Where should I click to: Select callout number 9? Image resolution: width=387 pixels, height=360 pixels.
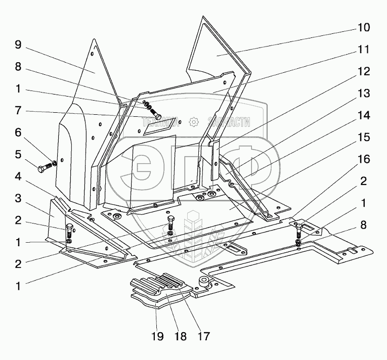pyautogui.click(x=18, y=45)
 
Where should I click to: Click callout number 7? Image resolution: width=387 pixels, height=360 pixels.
pyautogui.click(x=18, y=110)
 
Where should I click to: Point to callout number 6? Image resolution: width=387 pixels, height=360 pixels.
pyautogui.click(x=18, y=132)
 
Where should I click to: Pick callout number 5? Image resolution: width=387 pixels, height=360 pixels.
pyautogui.click(x=18, y=154)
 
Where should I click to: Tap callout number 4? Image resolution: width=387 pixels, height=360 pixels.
pyautogui.click(x=18, y=176)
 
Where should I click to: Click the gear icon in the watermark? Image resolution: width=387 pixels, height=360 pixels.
pyautogui.click(x=193, y=122)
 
